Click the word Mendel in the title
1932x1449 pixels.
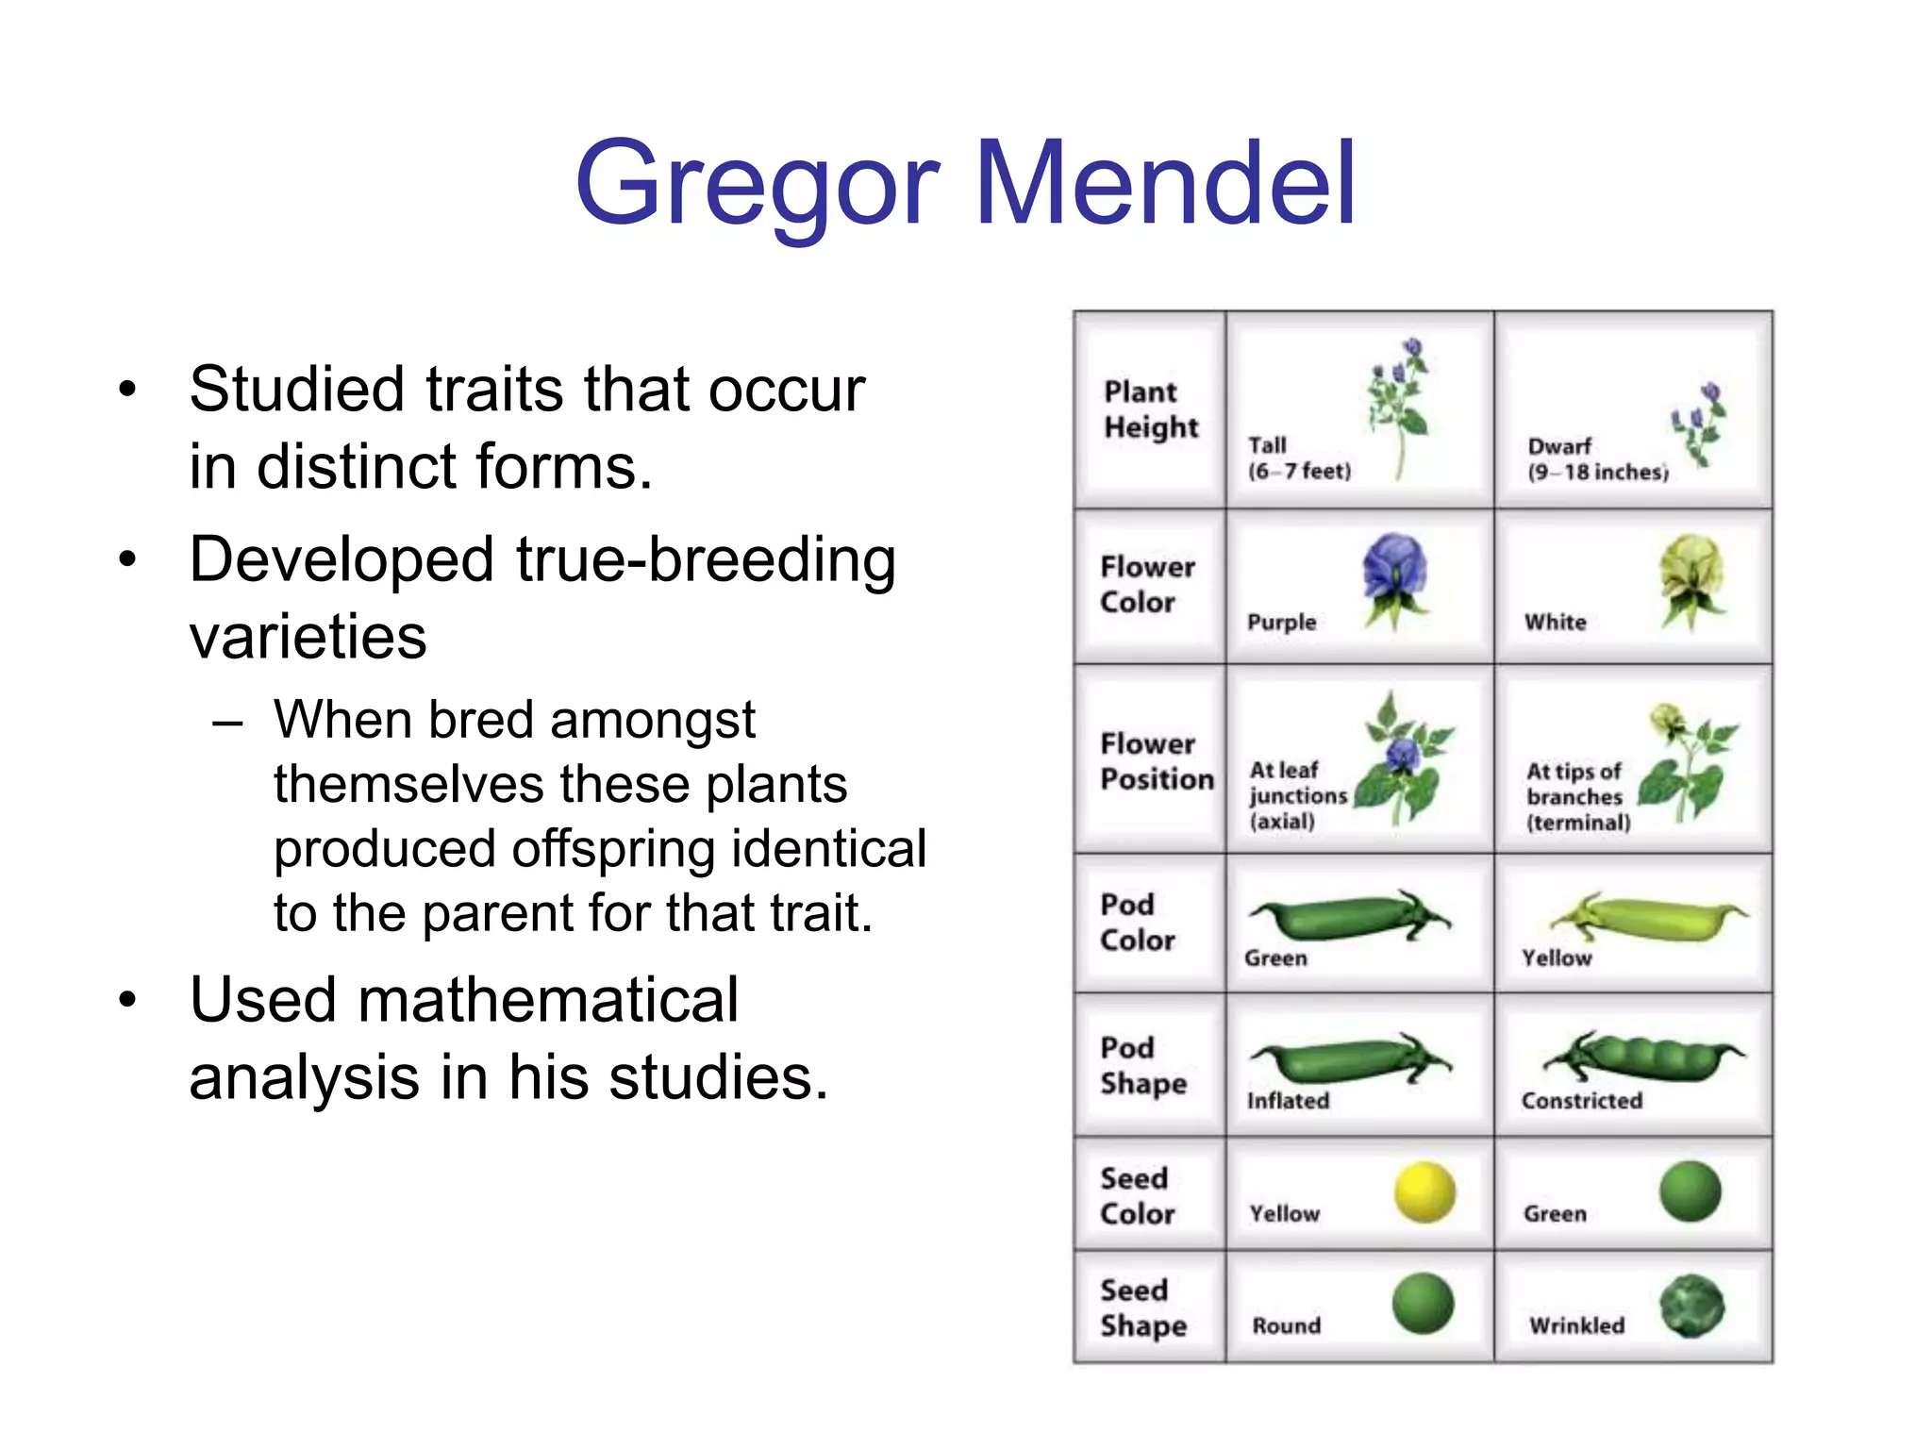click(x=1166, y=183)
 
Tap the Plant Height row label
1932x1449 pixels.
click(x=1150, y=409)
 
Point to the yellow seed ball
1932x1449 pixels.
click(x=1424, y=1192)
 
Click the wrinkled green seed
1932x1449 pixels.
click(x=1692, y=1306)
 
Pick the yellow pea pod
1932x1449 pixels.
click(x=1650, y=917)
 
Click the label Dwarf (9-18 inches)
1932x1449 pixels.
click(x=1597, y=459)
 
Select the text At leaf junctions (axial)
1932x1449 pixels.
click(x=1297, y=795)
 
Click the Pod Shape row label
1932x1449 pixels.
click(x=1142, y=1065)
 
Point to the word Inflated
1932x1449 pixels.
click(x=1288, y=1101)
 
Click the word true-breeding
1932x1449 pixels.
click(x=706, y=559)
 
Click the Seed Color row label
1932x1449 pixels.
click(x=1137, y=1195)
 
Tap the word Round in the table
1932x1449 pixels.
click(x=1286, y=1325)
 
